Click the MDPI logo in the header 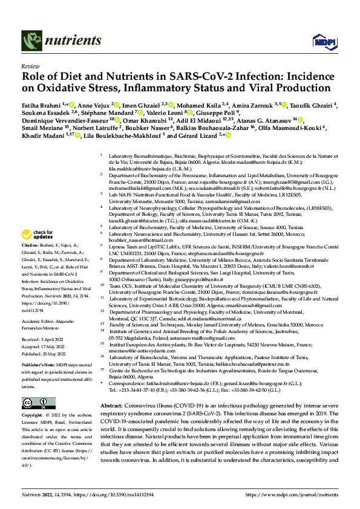pos(321,41)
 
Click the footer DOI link pos(102,493)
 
